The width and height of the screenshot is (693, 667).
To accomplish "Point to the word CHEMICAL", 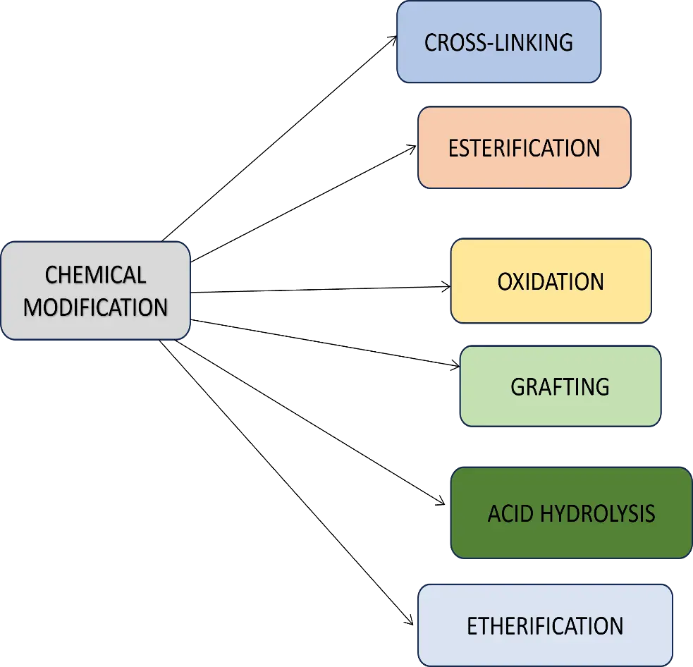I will (x=95, y=274).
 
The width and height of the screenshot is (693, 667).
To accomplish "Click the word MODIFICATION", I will (x=95, y=307).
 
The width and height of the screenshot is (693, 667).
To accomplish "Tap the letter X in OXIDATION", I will (x=519, y=281).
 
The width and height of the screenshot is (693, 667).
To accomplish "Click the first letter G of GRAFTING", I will (x=517, y=386).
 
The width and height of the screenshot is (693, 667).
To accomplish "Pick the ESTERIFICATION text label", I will (x=524, y=148).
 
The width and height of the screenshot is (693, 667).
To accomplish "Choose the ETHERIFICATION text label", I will (x=545, y=625).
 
